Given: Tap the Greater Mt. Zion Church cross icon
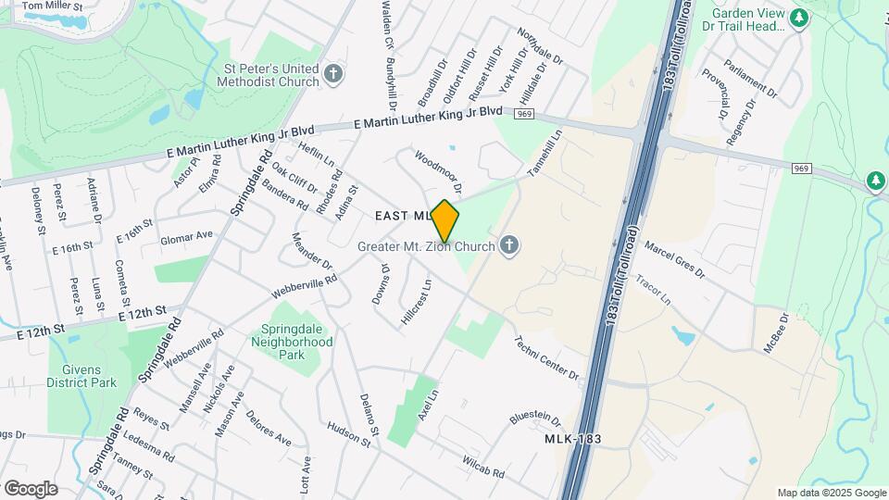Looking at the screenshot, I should point(507,245).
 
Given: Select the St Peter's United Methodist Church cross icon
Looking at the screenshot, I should point(334,72).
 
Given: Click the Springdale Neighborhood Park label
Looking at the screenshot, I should point(292,342).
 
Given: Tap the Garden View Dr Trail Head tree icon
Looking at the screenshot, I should point(798,16).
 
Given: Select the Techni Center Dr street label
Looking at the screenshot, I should point(546,357).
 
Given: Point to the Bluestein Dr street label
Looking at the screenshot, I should point(535,418).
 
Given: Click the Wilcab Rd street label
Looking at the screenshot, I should point(483,467).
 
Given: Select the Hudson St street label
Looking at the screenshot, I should point(348,435).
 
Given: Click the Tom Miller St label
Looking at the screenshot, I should point(52,6).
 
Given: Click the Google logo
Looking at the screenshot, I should point(31,488).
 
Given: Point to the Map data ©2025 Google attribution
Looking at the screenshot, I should point(832,494).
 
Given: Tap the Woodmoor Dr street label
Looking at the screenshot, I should point(438,172).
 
